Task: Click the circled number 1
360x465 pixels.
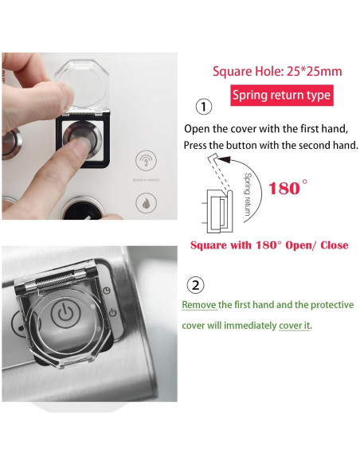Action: coord(204,106)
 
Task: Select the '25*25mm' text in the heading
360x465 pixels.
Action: coord(315,72)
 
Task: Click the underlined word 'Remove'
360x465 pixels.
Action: coord(199,305)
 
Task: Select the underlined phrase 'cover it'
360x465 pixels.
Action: coord(295,326)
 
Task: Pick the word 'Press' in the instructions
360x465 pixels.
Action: coord(198,146)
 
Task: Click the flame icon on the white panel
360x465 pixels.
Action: coord(146,202)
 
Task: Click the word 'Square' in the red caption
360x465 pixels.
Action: coord(209,244)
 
